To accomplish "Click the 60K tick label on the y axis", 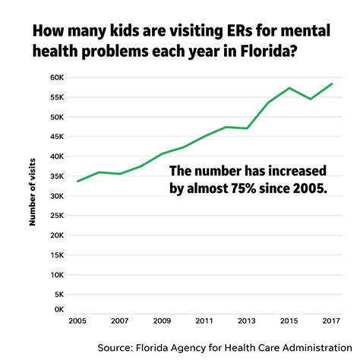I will pos(56,77).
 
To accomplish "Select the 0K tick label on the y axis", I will pos(58,309).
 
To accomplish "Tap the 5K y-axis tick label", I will pos(58,294).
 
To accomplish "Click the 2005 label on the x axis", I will pos(77,321).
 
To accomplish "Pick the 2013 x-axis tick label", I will pos(245,321).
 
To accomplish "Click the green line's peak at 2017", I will pos(332,84).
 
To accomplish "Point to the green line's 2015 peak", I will pos(289,88).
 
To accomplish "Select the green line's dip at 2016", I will pos(310,99).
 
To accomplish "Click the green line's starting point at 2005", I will pos(77,181).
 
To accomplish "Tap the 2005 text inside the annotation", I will pos(311,188).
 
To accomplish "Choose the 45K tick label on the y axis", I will pos(56,137).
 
